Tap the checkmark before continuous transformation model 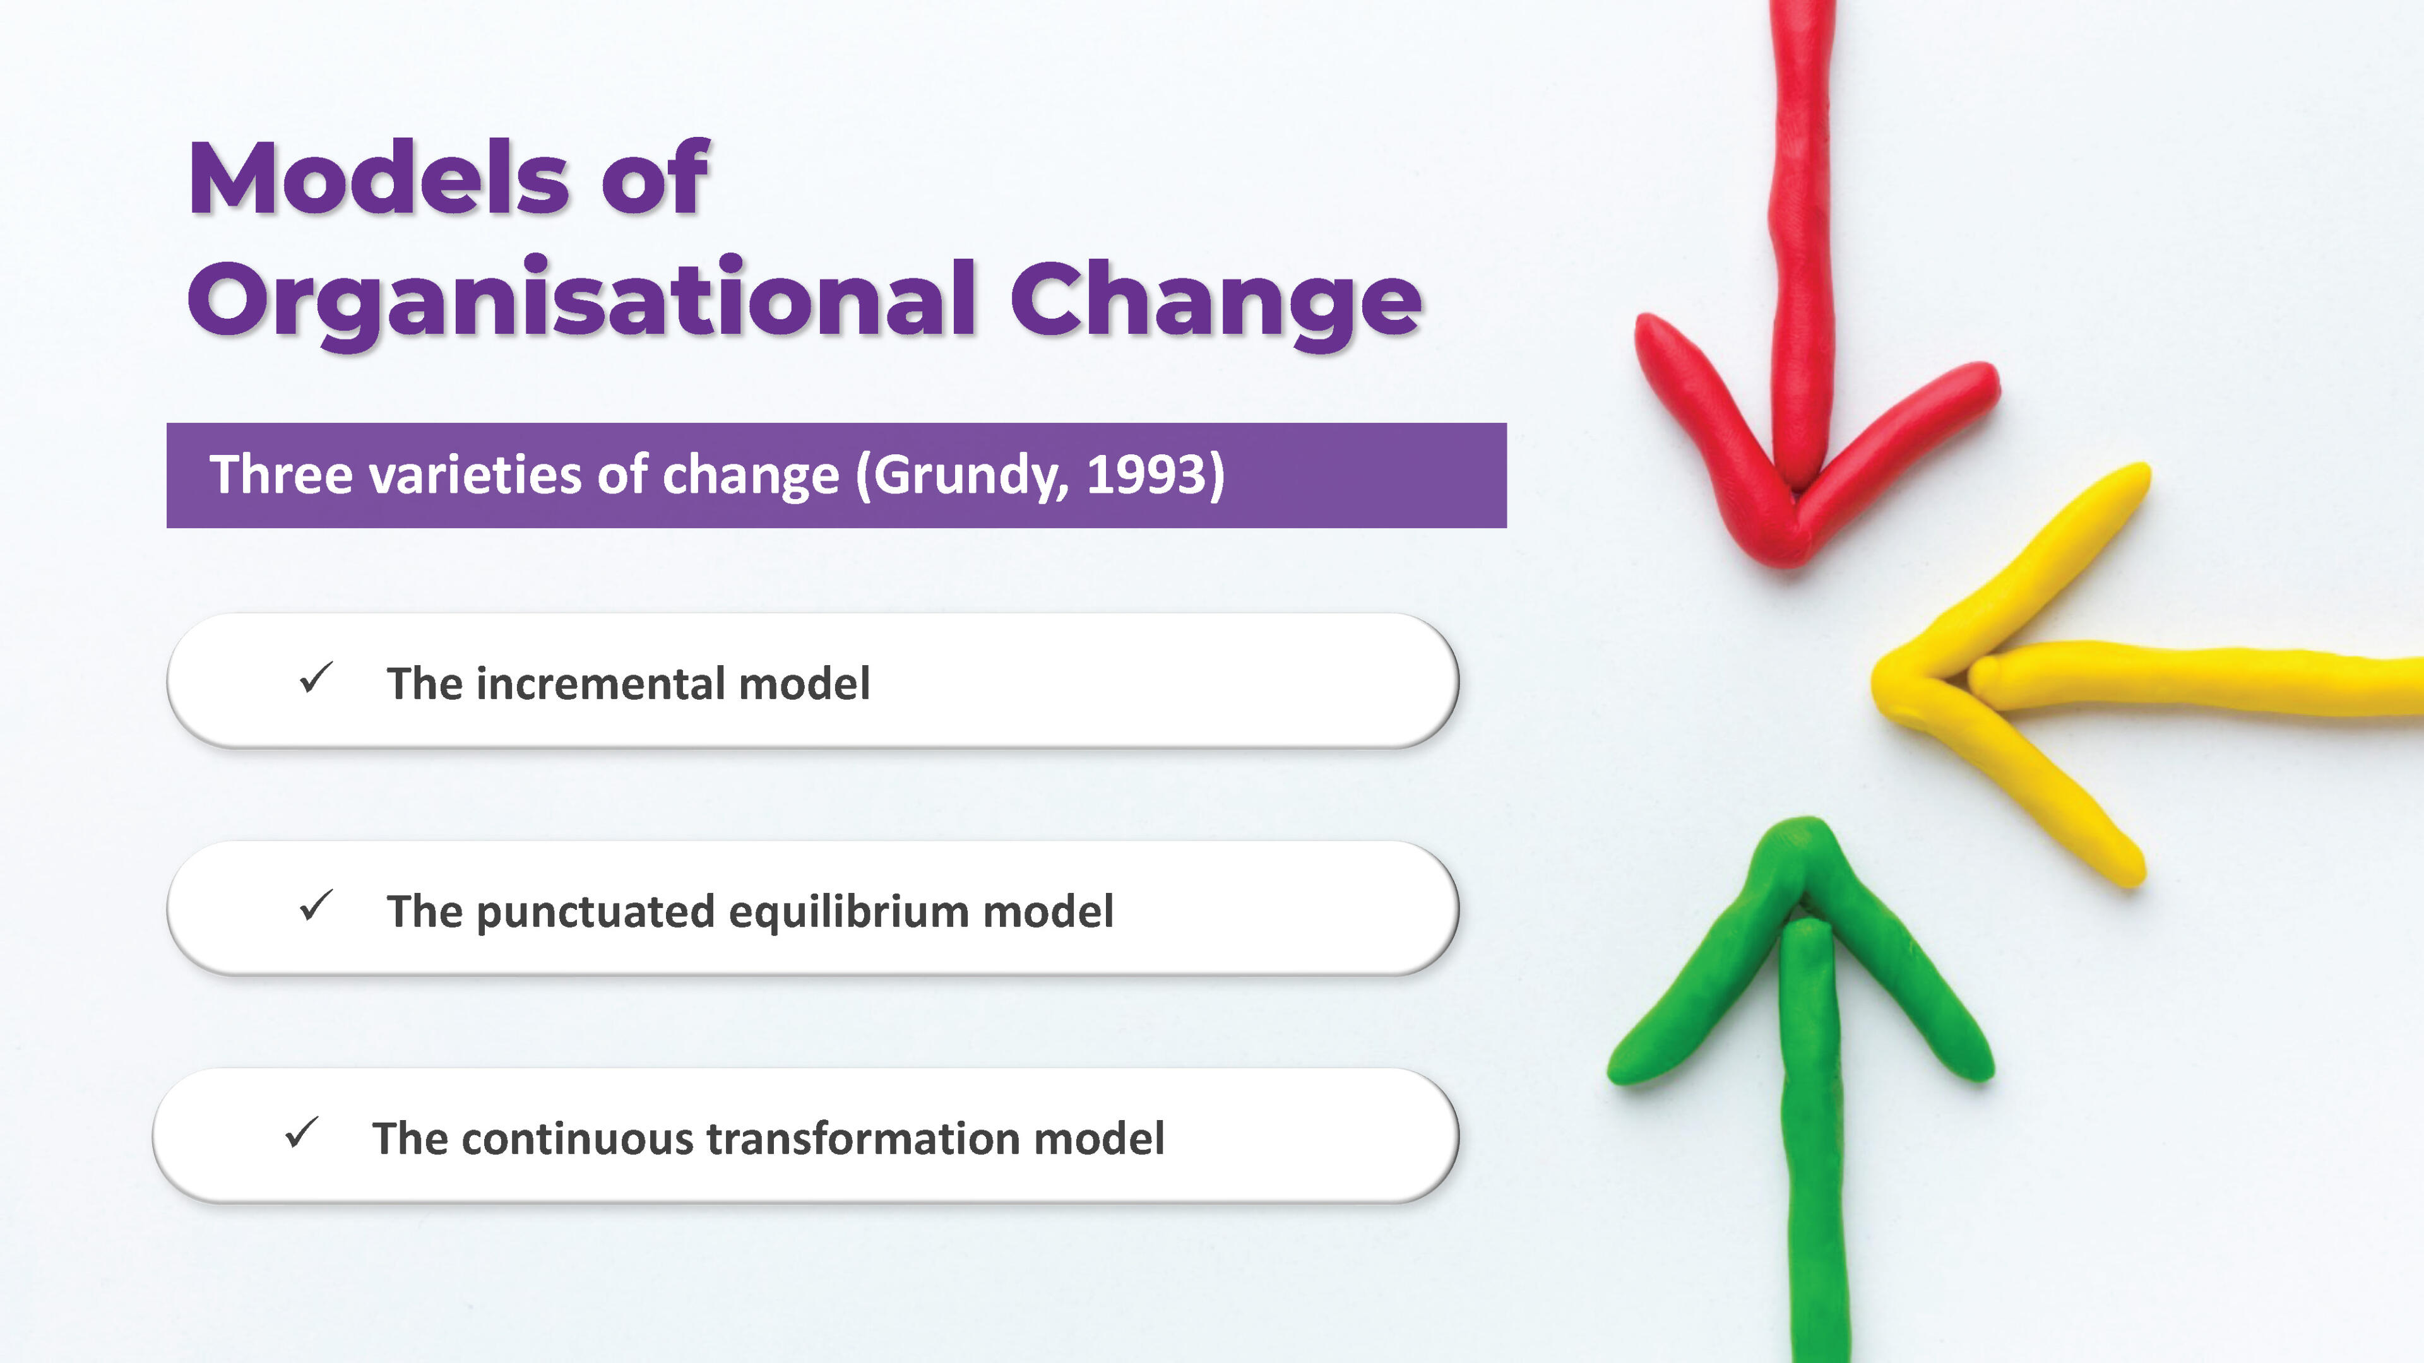click(x=301, y=1133)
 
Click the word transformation click(x=863, y=1138)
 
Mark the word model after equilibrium click(x=1049, y=911)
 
